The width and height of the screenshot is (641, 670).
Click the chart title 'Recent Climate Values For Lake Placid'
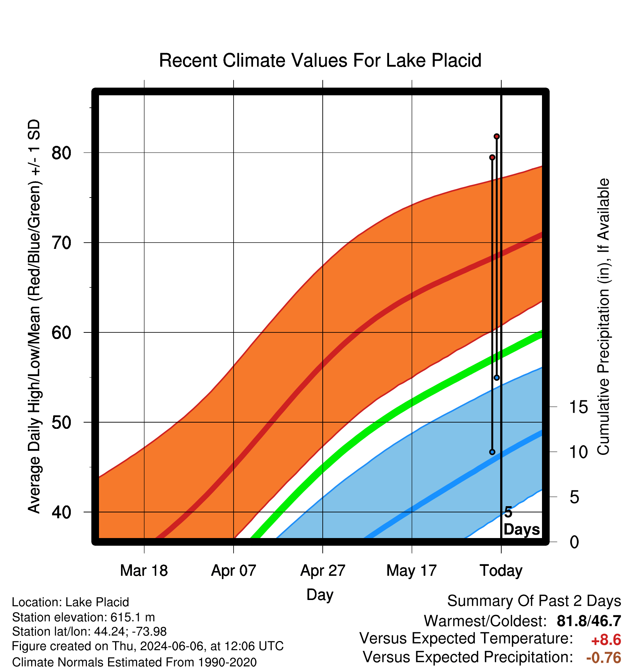click(x=320, y=60)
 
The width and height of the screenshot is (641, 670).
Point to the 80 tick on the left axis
click(x=61, y=152)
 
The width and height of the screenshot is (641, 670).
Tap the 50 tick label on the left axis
click(x=61, y=422)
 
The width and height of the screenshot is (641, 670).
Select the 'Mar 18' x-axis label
click(x=144, y=570)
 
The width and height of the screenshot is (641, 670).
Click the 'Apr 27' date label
click(x=323, y=570)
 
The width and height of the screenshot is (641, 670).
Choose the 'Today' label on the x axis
click(x=501, y=570)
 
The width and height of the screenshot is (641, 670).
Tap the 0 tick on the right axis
click(x=574, y=542)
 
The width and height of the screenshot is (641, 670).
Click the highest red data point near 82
click(x=497, y=136)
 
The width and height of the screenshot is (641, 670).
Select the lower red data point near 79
click(x=492, y=157)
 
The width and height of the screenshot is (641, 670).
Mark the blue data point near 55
click(x=497, y=378)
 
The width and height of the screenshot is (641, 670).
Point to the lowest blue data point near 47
click(x=492, y=452)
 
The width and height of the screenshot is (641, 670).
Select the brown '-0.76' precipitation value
click(x=604, y=658)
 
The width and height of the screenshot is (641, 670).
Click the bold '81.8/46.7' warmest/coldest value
click(x=589, y=621)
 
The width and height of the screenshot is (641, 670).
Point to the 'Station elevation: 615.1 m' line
click(x=84, y=618)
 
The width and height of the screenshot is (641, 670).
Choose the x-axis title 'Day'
click(x=320, y=595)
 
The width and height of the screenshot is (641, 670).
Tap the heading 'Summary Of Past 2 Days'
click(x=534, y=601)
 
